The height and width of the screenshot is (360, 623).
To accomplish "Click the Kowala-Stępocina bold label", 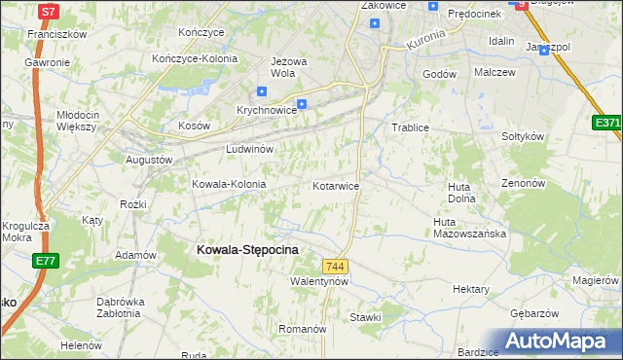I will (247, 249).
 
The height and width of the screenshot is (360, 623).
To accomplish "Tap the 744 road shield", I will (335, 267).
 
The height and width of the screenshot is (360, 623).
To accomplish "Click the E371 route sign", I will (607, 123).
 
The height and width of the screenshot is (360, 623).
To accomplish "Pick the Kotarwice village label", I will (337, 185).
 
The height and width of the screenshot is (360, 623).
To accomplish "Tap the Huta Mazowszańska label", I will (471, 228).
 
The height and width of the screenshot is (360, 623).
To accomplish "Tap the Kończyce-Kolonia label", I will (196, 58).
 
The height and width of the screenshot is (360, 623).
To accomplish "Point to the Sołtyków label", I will (522, 136).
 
